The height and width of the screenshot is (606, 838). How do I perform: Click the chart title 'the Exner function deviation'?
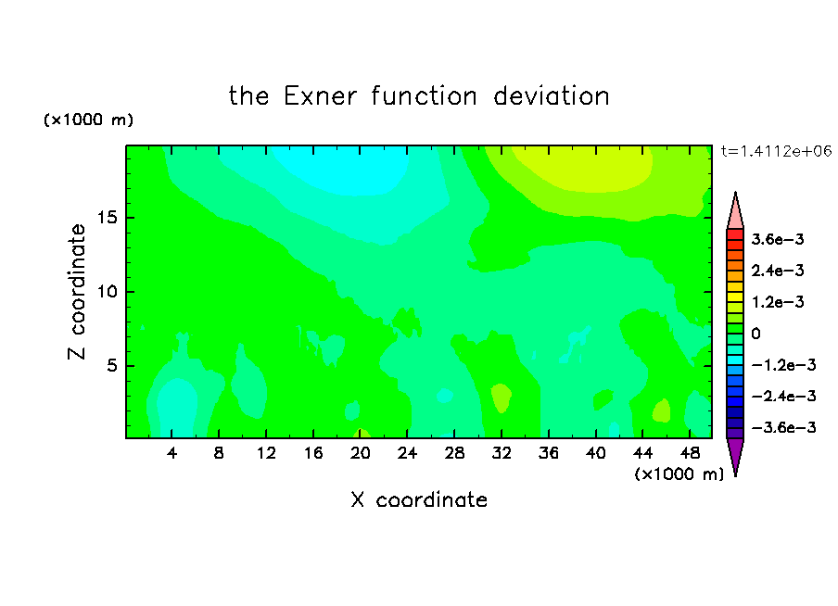click(419, 96)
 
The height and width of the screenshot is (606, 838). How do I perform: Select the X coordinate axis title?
click(419, 500)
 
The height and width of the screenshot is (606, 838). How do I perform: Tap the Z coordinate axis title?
click(77, 292)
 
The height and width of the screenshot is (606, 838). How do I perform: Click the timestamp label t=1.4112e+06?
click(776, 152)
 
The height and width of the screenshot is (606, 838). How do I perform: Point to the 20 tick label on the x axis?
click(361, 454)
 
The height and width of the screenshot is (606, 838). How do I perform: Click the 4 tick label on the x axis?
click(171, 454)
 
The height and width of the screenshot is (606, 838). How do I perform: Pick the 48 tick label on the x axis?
click(690, 454)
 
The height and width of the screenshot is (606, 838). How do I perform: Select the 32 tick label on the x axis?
click(502, 454)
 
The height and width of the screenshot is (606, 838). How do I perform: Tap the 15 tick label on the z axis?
click(107, 218)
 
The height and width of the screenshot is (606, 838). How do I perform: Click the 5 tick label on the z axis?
click(111, 366)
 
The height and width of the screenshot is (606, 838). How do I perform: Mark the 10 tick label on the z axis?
click(107, 292)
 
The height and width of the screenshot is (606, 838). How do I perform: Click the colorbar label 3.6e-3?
click(778, 239)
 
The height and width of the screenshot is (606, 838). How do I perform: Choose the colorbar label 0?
click(755, 334)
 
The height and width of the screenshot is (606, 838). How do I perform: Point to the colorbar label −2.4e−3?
click(783, 396)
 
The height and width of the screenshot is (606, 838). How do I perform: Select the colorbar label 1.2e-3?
click(778, 302)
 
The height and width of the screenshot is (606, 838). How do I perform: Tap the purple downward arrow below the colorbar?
click(735, 455)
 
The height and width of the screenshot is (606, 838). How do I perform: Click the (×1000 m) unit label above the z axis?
click(88, 120)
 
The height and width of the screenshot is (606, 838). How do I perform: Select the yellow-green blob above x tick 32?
click(501, 398)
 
